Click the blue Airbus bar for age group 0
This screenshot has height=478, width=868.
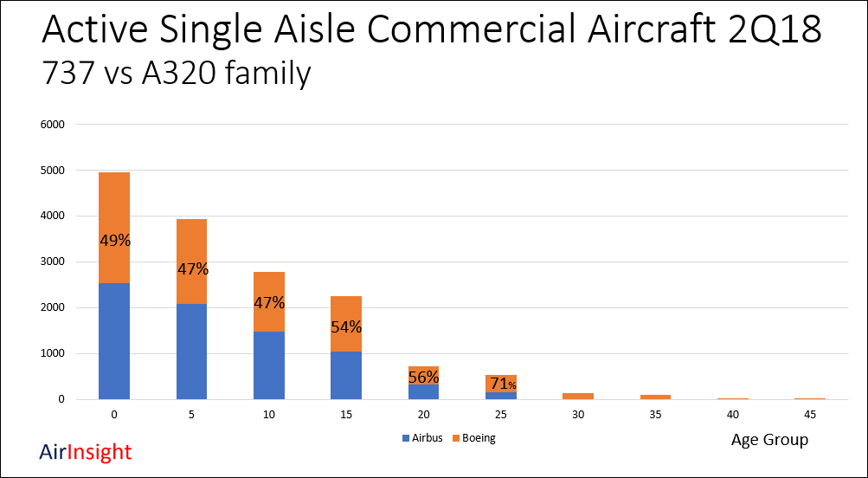pyautogui.click(x=113, y=341)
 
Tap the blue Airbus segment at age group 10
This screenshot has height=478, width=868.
pyautogui.click(x=269, y=365)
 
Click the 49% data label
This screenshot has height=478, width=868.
pyautogui.click(x=114, y=241)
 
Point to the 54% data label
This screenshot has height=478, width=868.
pyautogui.click(x=346, y=327)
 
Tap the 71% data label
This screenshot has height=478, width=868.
pyautogui.click(x=501, y=384)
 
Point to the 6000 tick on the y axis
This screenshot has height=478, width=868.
pyautogui.click(x=53, y=125)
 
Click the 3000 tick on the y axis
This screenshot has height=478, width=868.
pyautogui.click(x=53, y=262)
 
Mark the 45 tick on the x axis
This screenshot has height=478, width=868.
pyautogui.click(x=810, y=416)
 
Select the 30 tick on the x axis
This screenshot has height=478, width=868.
pyautogui.click(x=578, y=416)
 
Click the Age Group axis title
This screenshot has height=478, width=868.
pyautogui.click(x=769, y=440)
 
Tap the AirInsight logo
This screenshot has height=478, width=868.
pyautogui.click(x=86, y=452)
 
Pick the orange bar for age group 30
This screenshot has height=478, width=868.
pyautogui.click(x=578, y=396)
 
